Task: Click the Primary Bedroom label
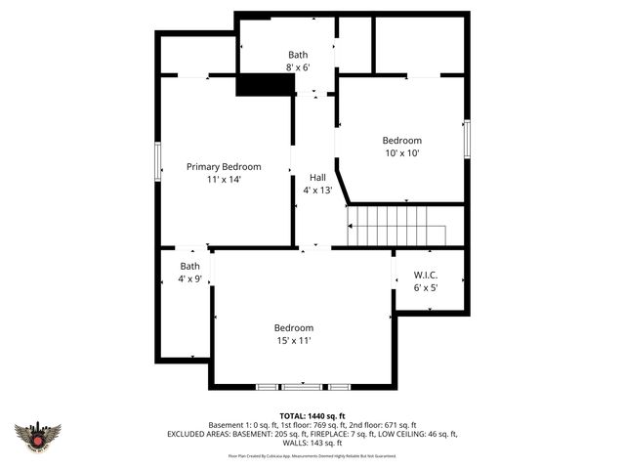pos(224,167)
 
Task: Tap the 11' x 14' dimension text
pos(224,180)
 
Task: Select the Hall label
pos(318,177)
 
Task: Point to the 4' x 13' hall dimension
pos(318,190)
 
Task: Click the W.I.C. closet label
pos(426,275)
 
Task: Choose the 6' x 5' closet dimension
pos(426,287)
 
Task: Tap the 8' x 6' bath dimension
pos(298,67)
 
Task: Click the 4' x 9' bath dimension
pos(189,279)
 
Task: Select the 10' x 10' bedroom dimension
pos(401,152)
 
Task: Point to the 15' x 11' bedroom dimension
pos(293,340)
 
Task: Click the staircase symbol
pos(396,227)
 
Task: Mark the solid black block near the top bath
pos(266,85)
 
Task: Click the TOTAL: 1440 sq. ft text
pos(312,415)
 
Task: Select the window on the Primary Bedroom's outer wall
pos(157,161)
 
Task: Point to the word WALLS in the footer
pos(291,443)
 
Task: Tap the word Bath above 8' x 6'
pos(298,55)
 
